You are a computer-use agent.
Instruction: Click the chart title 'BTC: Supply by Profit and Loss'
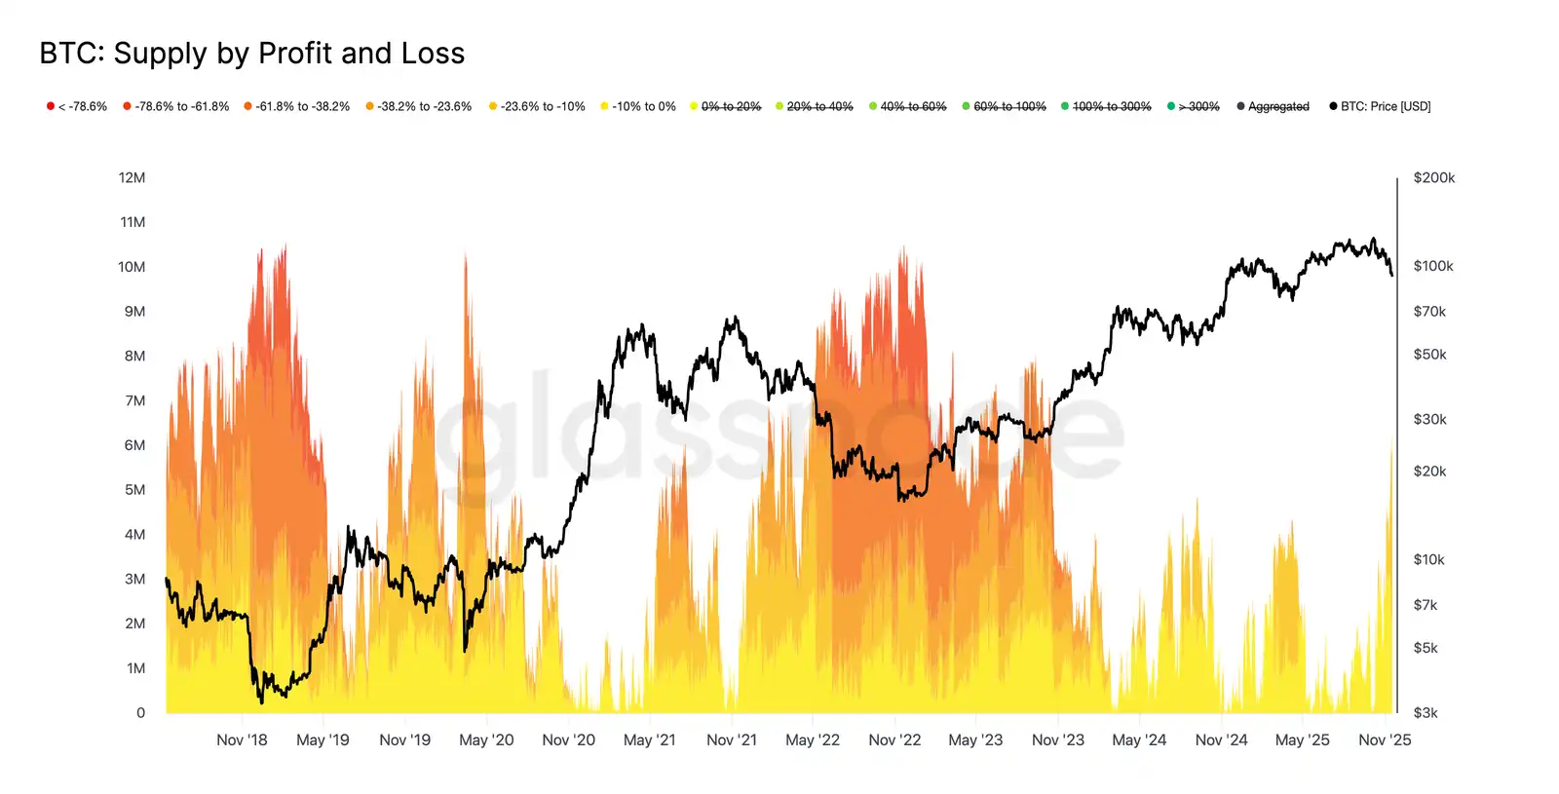251,54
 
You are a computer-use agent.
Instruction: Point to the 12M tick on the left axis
132,177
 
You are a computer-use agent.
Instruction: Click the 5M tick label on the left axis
134,490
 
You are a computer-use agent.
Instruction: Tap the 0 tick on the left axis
140,713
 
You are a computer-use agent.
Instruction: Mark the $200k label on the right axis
1433,177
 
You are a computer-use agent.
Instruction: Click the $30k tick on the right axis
1429,420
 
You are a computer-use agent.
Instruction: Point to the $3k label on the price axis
1426,713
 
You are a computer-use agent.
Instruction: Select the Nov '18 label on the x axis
242,740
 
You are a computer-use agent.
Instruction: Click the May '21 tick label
649,740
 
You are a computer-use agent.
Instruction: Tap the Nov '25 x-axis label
1385,740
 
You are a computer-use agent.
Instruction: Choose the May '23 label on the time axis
975,740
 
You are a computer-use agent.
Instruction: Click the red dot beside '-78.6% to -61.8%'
127,106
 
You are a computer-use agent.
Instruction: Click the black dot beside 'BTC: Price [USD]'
1333,106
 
